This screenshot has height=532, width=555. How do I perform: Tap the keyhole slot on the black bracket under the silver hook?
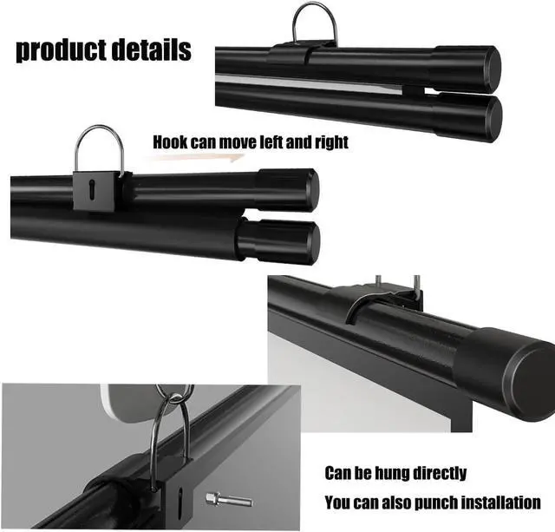(x=93, y=188)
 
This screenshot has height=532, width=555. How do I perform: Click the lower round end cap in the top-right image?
(x=492, y=115)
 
